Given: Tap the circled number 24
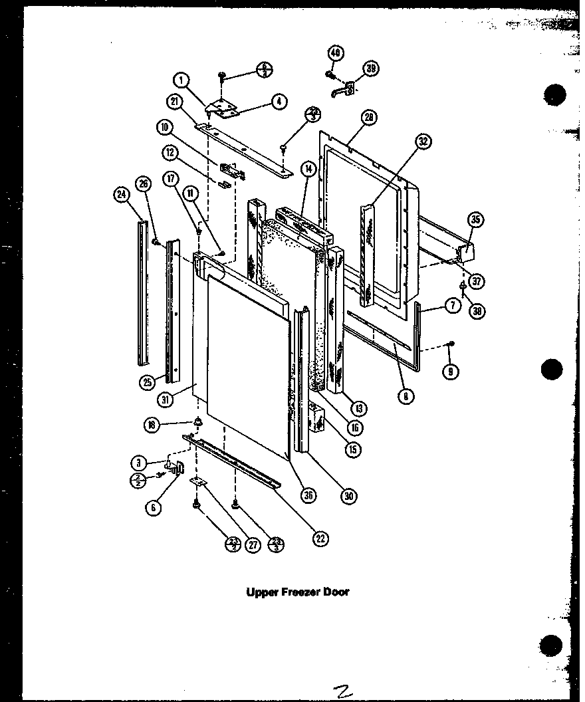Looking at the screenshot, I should pos(120,195).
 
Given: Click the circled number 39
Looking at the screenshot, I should pos(370,68).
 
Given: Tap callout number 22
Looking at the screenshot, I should pos(321,538).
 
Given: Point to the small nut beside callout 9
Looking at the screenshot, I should pos(451,343).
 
